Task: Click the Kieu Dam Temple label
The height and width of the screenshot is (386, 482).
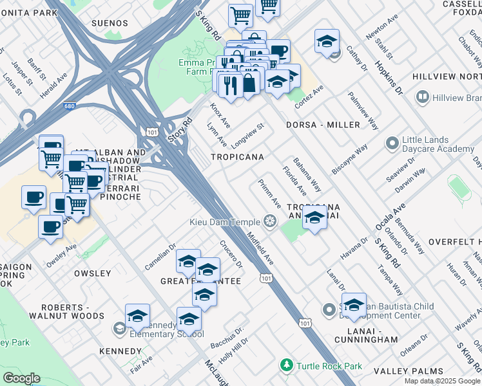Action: [x=226, y=222]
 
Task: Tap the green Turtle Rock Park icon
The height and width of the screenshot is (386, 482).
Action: [x=287, y=366]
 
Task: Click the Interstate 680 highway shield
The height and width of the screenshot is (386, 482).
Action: [x=69, y=107]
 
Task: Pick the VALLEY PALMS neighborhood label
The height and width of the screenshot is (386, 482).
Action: [x=409, y=371]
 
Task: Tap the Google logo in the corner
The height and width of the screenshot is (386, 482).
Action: [x=21, y=378]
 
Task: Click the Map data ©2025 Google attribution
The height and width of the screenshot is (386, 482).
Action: [x=442, y=381]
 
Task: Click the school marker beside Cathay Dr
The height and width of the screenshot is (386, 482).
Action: [x=327, y=42]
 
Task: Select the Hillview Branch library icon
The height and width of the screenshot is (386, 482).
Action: [x=423, y=98]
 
